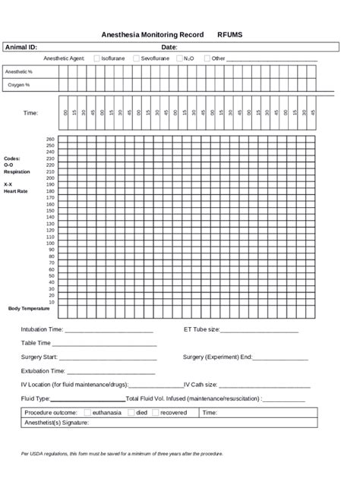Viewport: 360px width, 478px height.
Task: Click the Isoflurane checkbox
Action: click(x=96, y=58)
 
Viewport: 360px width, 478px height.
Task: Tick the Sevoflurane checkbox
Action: click(x=136, y=58)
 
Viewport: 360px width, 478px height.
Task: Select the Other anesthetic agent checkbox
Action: click(x=207, y=58)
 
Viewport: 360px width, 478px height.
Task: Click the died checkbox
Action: click(x=131, y=413)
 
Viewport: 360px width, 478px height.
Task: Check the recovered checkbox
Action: click(x=155, y=413)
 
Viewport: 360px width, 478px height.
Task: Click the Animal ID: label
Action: click(x=21, y=47)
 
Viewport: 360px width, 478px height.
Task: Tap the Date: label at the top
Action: click(x=169, y=47)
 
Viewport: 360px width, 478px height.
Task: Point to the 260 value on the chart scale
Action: click(x=50, y=140)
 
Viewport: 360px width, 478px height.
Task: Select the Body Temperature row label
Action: click(x=29, y=309)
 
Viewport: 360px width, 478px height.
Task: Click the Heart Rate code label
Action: click(x=15, y=191)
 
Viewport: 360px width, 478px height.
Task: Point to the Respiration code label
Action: click(x=17, y=171)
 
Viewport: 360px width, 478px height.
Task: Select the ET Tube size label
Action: click(x=201, y=330)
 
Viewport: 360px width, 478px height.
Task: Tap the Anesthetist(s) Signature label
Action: click(x=57, y=422)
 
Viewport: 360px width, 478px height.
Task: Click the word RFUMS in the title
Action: click(x=230, y=35)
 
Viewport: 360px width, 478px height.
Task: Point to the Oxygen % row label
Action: click(x=19, y=85)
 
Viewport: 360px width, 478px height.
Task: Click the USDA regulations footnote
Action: click(x=122, y=454)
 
